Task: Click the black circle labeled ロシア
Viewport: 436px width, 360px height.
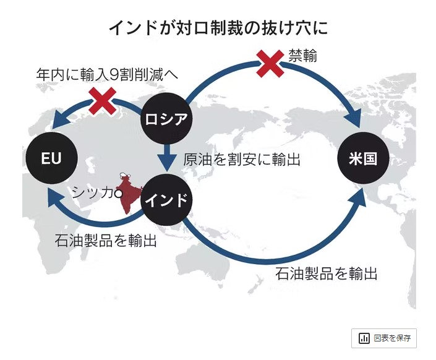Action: pos(166,119)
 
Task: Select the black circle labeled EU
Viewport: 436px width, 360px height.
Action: pos(51,159)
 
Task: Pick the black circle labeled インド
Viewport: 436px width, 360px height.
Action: pos(166,200)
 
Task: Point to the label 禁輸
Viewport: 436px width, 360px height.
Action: pos(303,57)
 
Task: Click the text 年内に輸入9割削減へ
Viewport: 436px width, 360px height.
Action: pos(106,75)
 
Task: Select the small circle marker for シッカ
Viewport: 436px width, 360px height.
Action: pos(119,193)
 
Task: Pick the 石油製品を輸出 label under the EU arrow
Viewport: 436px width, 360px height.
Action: pos(105,240)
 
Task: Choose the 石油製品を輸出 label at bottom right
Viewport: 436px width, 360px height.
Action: pos(326,273)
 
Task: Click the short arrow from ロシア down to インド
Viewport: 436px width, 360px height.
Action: pos(166,159)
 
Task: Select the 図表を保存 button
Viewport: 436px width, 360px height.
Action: pos(383,338)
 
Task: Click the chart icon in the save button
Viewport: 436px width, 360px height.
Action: pos(365,338)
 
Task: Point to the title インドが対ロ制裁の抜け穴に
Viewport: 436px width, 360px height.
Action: pos(218,28)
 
